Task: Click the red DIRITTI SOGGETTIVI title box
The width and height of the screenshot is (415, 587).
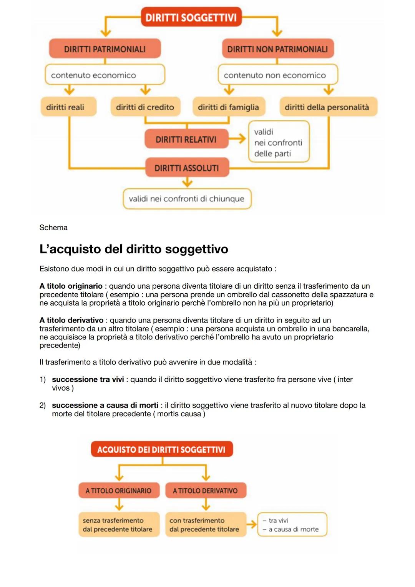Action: [x=191, y=17]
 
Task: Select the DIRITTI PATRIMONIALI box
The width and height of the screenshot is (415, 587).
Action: [x=105, y=49]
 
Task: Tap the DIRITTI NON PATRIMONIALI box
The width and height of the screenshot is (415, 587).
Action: [x=277, y=49]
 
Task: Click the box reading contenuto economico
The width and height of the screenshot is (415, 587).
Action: [x=105, y=75]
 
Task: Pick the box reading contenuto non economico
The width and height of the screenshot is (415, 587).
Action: [x=277, y=75]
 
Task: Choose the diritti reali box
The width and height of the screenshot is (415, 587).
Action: [x=68, y=107]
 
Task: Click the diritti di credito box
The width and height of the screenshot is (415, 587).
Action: [x=145, y=107]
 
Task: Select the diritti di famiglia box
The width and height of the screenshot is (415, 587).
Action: [x=229, y=107]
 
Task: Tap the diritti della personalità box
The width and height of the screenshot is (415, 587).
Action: [x=328, y=107]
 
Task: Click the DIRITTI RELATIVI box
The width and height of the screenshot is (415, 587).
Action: [x=186, y=139]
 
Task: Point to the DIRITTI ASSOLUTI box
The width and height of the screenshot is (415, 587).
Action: [x=187, y=168]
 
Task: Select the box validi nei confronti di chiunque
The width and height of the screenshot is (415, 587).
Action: [x=187, y=199]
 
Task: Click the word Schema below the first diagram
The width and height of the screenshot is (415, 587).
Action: [x=53, y=228]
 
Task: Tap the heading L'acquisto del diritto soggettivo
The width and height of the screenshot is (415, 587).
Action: [x=134, y=249]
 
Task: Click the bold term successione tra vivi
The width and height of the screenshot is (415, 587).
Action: [x=88, y=379]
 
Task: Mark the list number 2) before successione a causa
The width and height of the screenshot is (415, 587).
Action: [x=43, y=405]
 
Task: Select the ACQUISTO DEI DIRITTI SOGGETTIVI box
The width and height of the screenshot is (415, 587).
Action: [x=161, y=449]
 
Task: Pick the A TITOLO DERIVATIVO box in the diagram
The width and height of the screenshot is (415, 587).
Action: [x=206, y=491]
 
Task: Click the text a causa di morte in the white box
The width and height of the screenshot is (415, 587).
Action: [x=294, y=529]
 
